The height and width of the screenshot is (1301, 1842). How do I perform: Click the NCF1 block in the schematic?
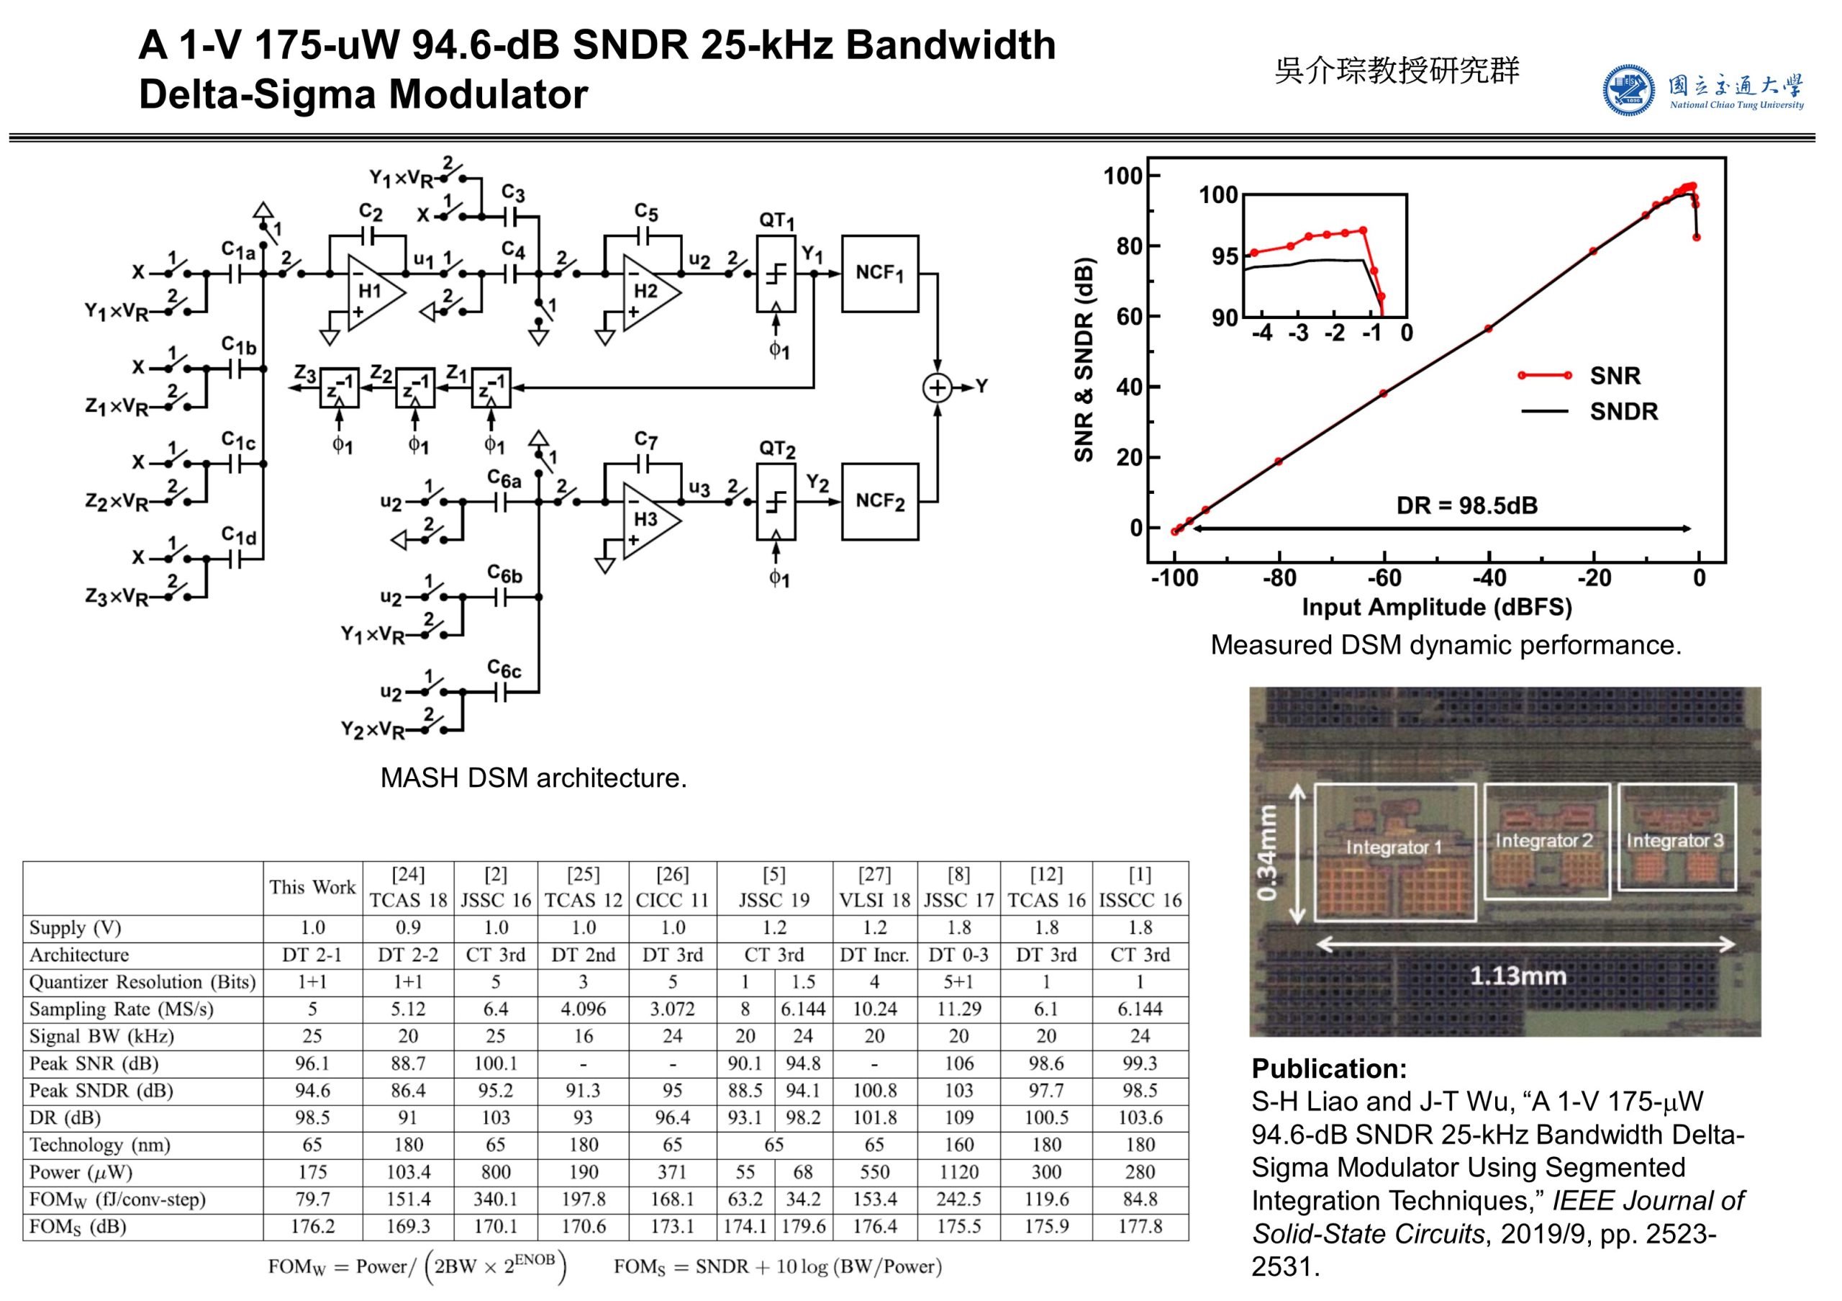pos(879,274)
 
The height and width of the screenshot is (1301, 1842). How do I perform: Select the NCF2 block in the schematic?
pos(879,502)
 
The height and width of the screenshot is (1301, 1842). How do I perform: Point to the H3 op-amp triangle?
pos(648,520)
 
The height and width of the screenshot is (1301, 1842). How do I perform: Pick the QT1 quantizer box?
pos(776,274)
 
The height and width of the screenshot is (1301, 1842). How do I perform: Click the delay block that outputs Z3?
pos(339,389)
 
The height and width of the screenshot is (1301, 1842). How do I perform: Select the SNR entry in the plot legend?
pos(1614,376)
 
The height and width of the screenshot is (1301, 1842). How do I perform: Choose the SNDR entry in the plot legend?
pos(1623,412)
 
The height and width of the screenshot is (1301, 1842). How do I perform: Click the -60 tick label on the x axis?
pos(1384,578)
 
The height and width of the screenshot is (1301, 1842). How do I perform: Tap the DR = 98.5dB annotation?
pos(1466,505)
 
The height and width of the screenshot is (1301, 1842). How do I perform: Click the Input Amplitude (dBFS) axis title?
pos(1436,607)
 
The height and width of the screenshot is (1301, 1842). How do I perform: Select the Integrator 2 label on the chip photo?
pos(1543,840)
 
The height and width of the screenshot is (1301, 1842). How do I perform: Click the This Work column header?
pos(312,887)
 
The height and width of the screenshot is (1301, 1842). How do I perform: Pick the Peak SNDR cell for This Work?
pos(312,1091)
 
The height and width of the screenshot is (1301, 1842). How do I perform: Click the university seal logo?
pos(1628,91)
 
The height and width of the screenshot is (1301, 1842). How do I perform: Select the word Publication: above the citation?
pos(1328,1068)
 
